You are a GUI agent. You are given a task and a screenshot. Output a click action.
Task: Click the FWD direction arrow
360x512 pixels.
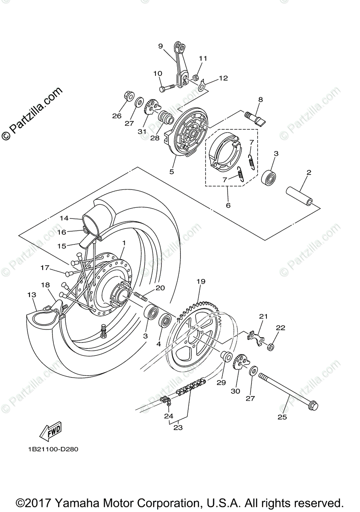point(51,431)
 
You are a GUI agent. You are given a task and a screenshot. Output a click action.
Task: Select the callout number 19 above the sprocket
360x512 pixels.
point(201,282)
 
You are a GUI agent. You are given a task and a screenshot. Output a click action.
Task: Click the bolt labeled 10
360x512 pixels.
point(168,88)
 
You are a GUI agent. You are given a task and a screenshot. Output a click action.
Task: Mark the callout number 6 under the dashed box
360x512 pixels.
point(228,205)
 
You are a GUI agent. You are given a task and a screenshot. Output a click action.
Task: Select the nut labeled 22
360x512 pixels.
point(270,347)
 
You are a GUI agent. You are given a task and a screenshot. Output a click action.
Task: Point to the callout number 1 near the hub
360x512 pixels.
point(123,243)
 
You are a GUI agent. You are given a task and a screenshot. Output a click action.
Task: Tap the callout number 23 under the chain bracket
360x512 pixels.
point(178,428)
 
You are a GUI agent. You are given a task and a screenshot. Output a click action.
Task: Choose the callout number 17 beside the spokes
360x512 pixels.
point(45,268)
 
